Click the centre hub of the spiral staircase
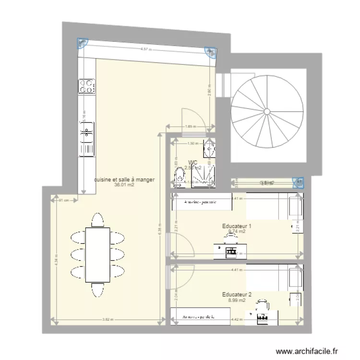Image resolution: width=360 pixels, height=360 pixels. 267,111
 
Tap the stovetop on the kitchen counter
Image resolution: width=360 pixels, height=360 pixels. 86,86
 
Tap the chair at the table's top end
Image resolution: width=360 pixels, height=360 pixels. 97,220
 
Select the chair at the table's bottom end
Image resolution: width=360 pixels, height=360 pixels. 97,290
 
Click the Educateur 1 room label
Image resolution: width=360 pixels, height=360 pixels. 237,226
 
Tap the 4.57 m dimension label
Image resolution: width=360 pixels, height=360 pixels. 146,49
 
